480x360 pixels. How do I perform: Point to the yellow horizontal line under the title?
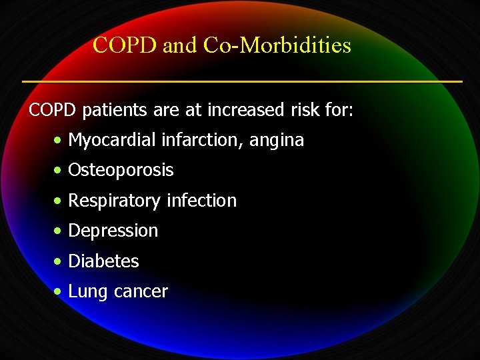[241, 81]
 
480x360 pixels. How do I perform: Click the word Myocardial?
[101, 141]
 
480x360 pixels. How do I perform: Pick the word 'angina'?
[277, 141]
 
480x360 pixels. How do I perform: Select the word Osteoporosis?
[121, 171]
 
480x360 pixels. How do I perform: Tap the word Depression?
[113, 231]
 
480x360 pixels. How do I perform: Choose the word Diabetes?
[103, 261]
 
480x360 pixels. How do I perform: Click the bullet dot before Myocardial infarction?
[59, 141]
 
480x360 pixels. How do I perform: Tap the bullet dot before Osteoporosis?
[59, 171]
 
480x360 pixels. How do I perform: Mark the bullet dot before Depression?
[59, 231]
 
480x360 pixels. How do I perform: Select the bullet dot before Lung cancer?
[59, 292]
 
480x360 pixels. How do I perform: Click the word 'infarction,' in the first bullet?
[191, 141]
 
